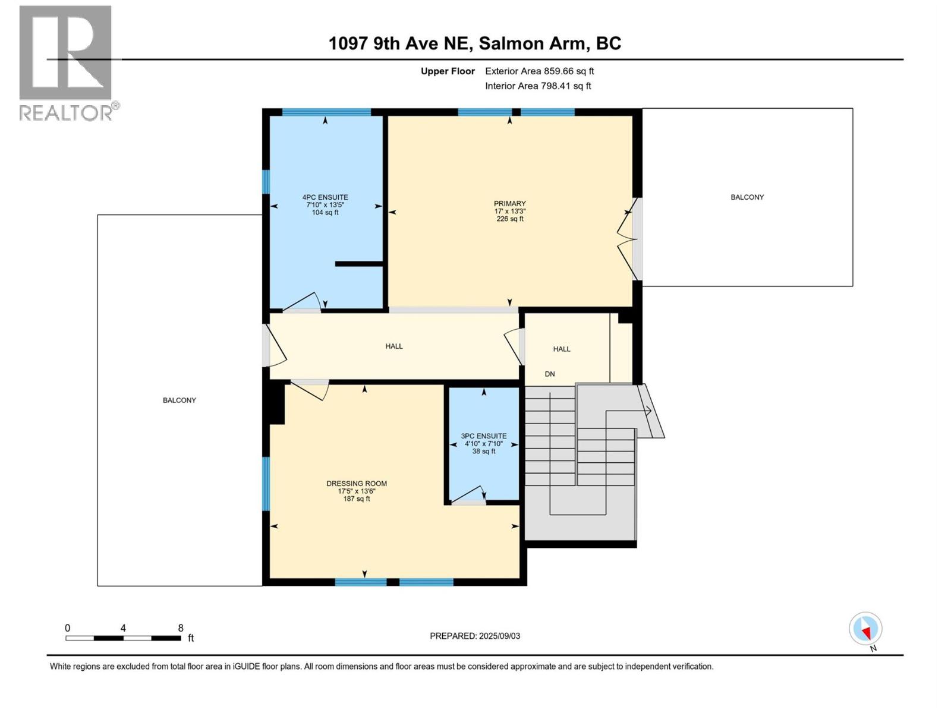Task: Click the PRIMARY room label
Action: tap(509, 204)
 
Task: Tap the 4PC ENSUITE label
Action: tap(325, 197)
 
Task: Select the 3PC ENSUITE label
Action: tap(484, 436)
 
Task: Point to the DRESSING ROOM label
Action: tap(357, 484)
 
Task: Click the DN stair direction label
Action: tap(550, 374)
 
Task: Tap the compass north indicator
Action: tap(866, 629)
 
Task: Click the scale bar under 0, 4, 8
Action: tap(123, 638)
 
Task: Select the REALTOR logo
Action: tap(67, 63)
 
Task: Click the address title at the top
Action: tap(475, 43)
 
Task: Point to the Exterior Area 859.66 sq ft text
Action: tap(539, 71)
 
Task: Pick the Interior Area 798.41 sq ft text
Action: tap(538, 86)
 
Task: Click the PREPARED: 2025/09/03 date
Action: tap(475, 636)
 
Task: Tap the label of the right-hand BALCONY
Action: tap(747, 197)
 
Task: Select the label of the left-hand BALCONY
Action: tap(180, 400)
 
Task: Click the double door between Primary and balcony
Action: tap(629, 239)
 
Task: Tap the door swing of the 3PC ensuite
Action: tap(470, 495)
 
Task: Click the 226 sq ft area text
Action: tap(510, 219)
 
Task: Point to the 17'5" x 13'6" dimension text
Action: tap(357, 491)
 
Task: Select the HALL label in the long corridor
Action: tap(394, 346)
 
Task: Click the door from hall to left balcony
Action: tap(274, 346)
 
